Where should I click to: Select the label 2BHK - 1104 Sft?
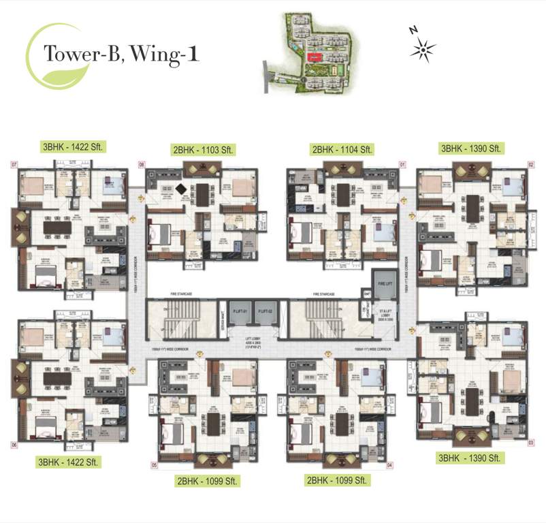tap(343, 150)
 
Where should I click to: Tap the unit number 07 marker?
tap(13, 164)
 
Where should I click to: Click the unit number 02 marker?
tap(531, 164)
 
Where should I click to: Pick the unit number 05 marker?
tap(155, 466)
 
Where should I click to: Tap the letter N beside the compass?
tap(413, 30)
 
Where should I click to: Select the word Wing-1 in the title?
tap(167, 54)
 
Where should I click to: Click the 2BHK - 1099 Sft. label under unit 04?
tap(338, 480)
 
